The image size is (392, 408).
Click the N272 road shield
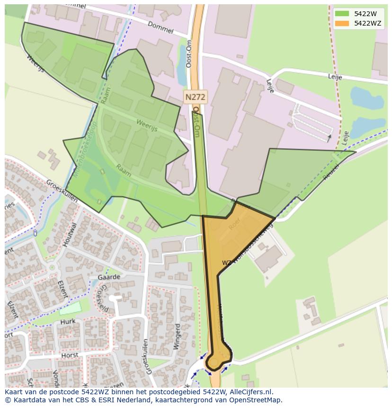[195, 98]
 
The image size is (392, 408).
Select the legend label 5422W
[365, 14]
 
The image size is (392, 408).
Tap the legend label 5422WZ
[367, 23]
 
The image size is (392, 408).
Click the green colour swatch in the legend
[342, 14]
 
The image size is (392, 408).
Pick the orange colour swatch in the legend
[342, 23]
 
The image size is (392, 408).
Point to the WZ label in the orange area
[227, 263]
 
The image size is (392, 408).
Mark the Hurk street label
[68, 322]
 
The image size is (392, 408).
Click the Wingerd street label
[177, 336]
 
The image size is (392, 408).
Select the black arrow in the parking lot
[329, 138]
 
